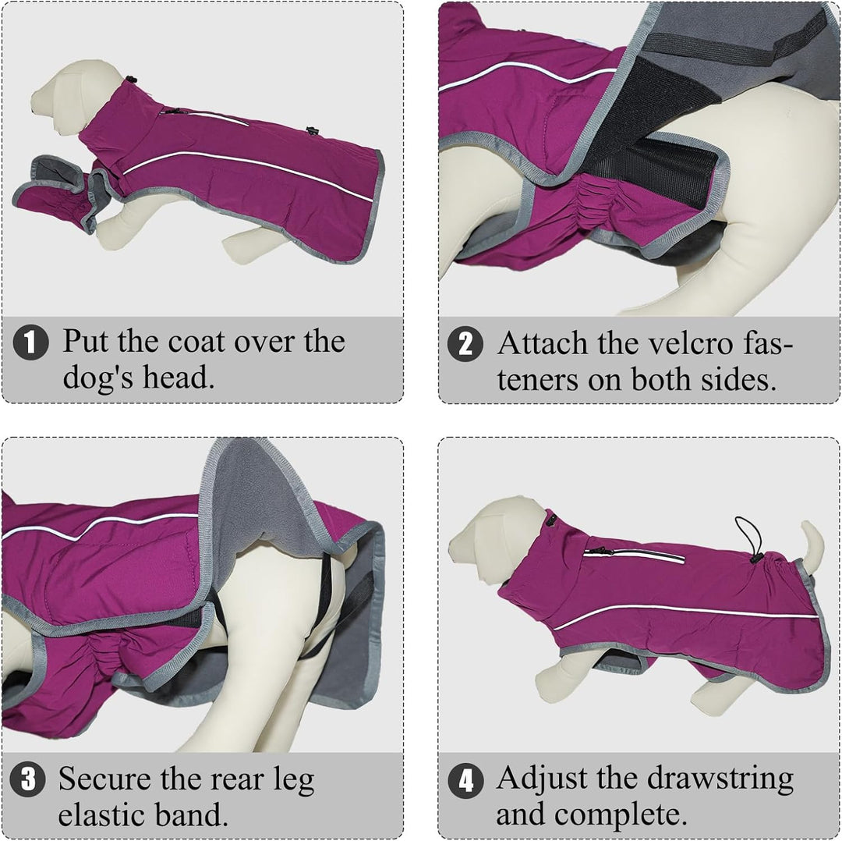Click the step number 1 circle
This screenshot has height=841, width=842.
coord(30,342)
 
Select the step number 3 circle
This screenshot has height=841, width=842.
coord(27,779)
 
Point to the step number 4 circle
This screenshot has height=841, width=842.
coord(465,780)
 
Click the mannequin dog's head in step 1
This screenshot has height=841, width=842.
coord(65,97)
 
